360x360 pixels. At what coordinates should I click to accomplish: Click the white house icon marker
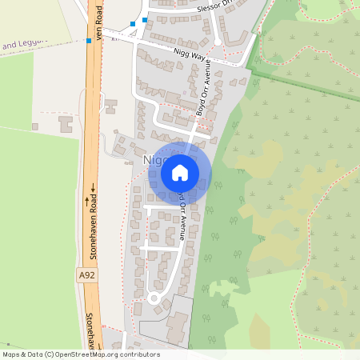tap(180, 172)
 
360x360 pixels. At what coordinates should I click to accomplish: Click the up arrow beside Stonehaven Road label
tap(88, 201)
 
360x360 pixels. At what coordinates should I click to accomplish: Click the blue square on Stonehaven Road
tap(88, 40)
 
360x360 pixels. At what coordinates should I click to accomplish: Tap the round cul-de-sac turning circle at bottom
tap(153, 298)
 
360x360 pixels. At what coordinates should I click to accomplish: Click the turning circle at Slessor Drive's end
tap(218, 41)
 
